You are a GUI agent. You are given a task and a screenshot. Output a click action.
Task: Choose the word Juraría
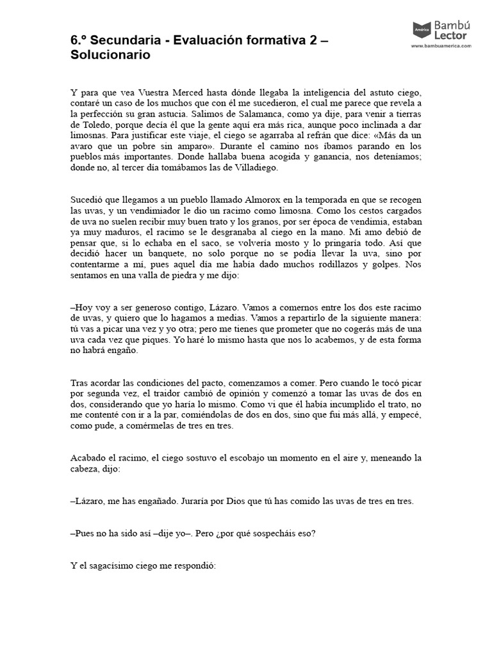click(202, 501)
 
